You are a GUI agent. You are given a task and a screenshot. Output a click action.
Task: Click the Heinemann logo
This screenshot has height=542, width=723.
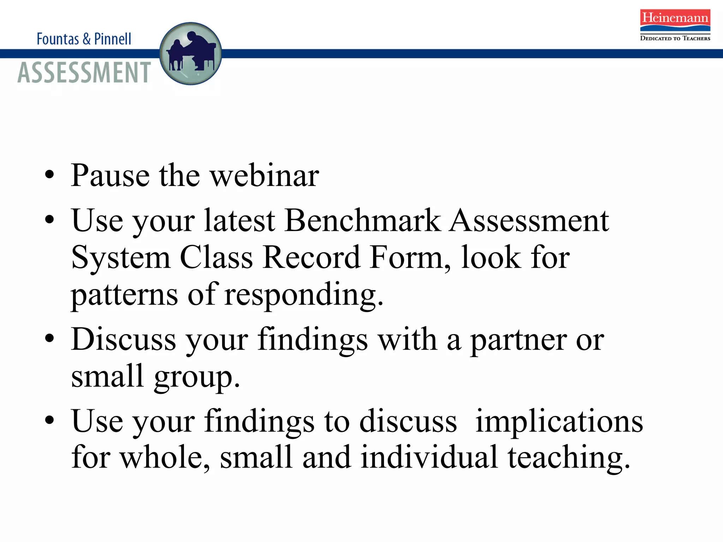[x=675, y=20]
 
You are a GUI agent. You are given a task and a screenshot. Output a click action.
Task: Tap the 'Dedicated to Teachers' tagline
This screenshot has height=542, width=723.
[x=675, y=38]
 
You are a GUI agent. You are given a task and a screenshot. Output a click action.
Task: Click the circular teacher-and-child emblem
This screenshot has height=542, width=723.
[x=191, y=54]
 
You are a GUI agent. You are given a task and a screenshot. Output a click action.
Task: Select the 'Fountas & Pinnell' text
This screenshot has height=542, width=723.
[x=84, y=39]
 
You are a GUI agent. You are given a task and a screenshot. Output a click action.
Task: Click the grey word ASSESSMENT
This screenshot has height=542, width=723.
[x=84, y=73]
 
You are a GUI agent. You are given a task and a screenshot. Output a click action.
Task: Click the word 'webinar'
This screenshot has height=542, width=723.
[x=265, y=175]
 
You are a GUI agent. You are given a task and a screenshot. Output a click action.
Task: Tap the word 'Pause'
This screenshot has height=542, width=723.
[x=110, y=175]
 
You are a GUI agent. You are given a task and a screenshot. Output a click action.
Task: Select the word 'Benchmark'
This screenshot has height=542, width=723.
[x=363, y=221]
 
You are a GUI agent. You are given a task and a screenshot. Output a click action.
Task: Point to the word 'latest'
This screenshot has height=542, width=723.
[x=240, y=221]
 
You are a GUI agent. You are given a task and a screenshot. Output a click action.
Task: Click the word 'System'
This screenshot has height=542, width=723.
[x=121, y=258]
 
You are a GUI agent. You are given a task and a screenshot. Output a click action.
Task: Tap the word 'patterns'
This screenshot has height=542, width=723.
[x=124, y=295]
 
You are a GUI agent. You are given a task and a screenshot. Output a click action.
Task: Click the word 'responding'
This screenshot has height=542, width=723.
[x=304, y=295]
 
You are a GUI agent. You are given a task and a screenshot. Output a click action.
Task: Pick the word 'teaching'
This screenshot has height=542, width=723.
[x=568, y=457]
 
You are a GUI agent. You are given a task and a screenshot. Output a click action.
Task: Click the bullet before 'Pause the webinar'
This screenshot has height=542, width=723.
[x=50, y=174]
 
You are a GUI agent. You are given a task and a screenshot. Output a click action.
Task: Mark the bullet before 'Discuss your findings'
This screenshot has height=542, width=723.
[x=50, y=338]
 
